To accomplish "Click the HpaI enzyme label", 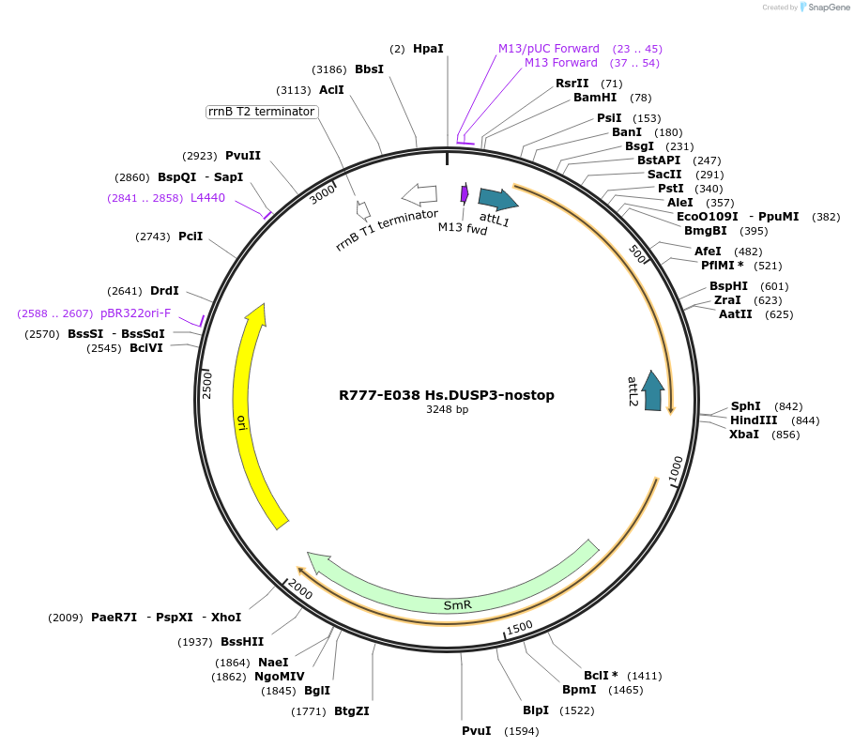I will [428, 48].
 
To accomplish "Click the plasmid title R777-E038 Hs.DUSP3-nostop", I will [447, 395].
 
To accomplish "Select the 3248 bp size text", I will [447, 410].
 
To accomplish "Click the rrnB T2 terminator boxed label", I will [262, 112].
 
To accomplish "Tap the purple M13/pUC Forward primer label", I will [548, 48].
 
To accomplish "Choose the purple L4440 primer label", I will [207, 198].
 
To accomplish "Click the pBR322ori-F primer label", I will [135, 313].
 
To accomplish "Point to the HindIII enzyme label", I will [754, 420].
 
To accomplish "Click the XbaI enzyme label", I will [744, 435].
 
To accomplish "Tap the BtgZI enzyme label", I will [352, 711].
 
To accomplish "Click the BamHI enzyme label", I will [595, 98].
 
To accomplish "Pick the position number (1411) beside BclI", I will [644, 676].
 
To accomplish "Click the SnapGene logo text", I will [829, 8].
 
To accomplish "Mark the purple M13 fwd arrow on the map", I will [464, 193].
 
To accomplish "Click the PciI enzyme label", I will [191, 237].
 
